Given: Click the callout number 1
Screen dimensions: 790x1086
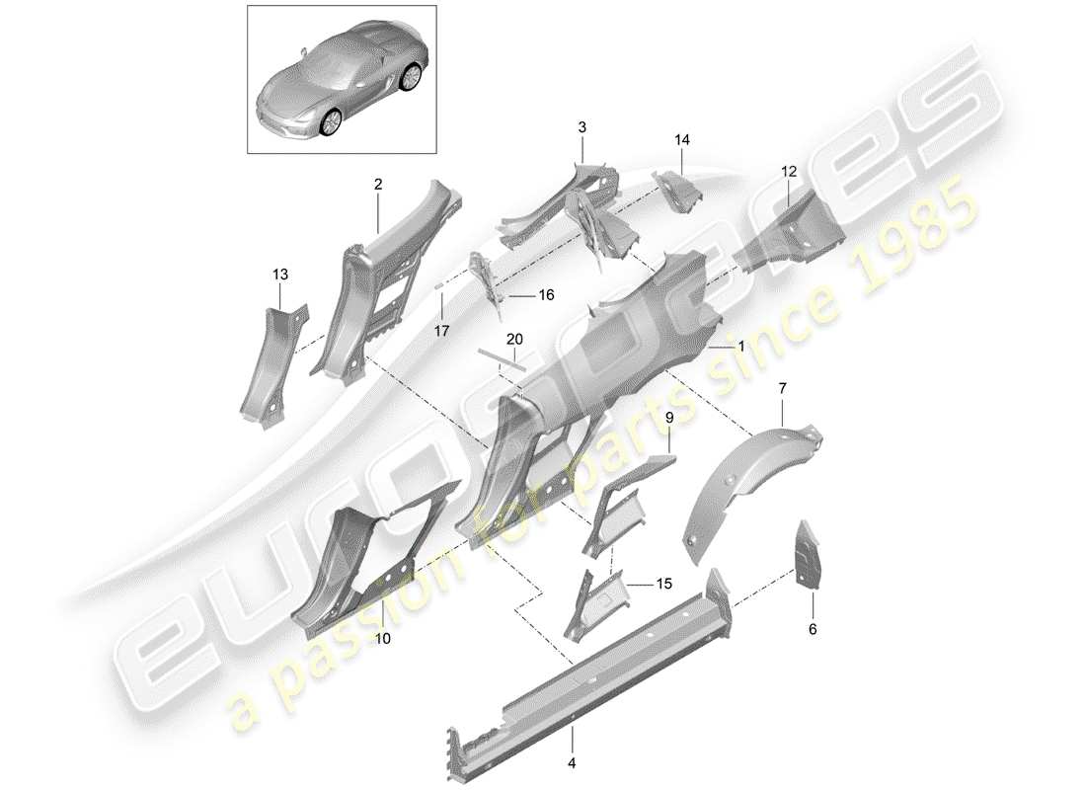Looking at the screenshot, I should pyautogui.click(x=741, y=348).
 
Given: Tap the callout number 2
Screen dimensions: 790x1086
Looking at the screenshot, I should pyautogui.click(x=377, y=184).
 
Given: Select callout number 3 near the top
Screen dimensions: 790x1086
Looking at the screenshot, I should pyautogui.click(x=582, y=127).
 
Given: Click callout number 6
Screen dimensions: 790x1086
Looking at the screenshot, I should pyautogui.click(x=813, y=628).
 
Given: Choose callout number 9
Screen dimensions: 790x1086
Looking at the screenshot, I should pyautogui.click(x=668, y=419).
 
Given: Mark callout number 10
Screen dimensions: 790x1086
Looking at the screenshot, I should pyautogui.click(x=382, y=639).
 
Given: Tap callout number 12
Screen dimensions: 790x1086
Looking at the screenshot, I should pyautogui.click(x=788, y=171).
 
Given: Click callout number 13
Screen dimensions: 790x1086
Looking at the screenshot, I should pyautogui.click(x=280, y=274).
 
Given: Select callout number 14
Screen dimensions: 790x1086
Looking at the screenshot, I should pyautogui.click(x=681, y=140).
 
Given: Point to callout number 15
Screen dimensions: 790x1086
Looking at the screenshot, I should pyautogui.click(x=663, y=585).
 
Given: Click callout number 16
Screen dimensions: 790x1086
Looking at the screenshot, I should pyautogui.click(x=546, y=295).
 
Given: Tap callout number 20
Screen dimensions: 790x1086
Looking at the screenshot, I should pyautogui.click(x=514, y=339).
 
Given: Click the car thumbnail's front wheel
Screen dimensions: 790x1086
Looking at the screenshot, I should pyautogui.click(x=331, y=120).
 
